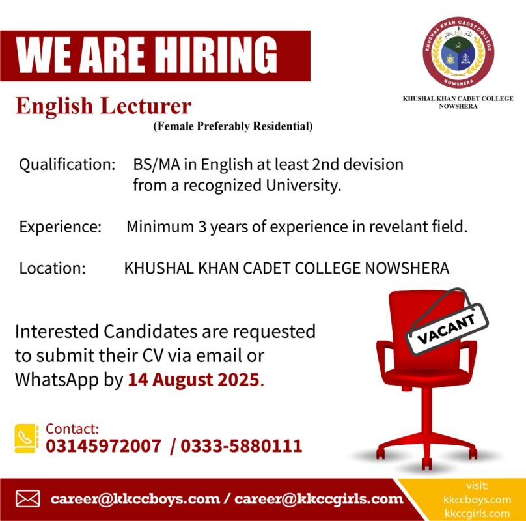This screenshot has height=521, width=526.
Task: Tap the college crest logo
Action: (x=458, y=52)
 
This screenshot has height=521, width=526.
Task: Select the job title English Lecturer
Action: (x=104, y=106)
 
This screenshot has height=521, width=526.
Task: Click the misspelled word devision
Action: (x=374, y=165)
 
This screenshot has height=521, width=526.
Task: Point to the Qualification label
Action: (x=67, y=165)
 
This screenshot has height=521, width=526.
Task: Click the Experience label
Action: (x=61, y=227)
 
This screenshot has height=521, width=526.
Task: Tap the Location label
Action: (x=52, y=268)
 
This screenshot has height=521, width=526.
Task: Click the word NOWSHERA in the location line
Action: (x=407, y=268)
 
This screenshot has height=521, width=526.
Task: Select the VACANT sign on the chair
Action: (x=447, y=329)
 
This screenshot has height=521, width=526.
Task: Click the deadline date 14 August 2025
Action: (x=193, y=380)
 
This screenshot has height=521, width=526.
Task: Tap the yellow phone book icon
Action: (x=27, y=438)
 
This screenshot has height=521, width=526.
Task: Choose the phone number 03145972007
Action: (x=104, y=446)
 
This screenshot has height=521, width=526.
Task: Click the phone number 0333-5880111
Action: (x=242, y=446)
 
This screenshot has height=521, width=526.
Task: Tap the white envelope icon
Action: (x=28, y=499)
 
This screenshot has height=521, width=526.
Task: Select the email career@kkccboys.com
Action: (x=135, y=499)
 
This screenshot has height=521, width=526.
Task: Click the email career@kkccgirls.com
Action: (x=319, y=499)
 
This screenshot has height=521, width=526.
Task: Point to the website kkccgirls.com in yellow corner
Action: (x=477, y=514)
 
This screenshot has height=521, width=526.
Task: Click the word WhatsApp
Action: (x=57, y=380)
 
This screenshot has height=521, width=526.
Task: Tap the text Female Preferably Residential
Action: (x=233, y=126)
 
